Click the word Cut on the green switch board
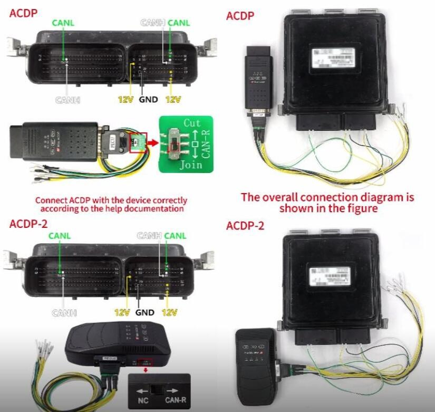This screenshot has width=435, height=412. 191,123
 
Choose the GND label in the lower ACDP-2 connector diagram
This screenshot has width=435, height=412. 144,312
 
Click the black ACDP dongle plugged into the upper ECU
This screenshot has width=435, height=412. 258,79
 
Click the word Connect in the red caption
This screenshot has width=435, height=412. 50,200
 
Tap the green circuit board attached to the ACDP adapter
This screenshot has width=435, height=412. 138,142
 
